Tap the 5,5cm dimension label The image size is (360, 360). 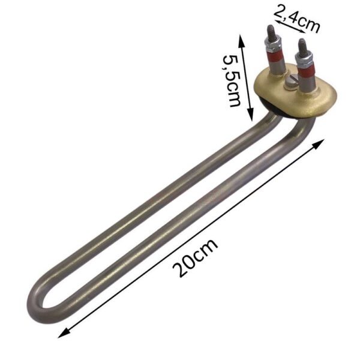232,80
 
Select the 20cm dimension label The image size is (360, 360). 194,258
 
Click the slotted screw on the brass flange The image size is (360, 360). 291,81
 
